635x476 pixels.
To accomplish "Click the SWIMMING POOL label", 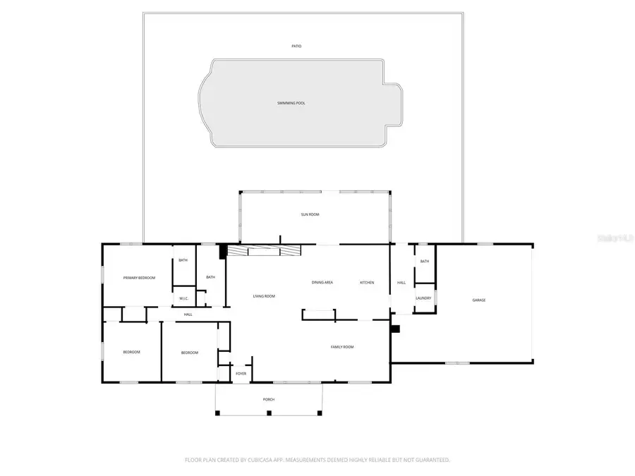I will click(x=291, y=103).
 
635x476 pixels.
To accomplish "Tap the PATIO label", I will click(x=296, y=47).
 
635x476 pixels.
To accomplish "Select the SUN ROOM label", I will click(x=310, y=214).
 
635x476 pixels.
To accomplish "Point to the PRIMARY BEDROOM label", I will click(x=139, y=278).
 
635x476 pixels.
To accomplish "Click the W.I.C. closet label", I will click(x=183, y=298).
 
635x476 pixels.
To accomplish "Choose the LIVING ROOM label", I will click(x=264, y=296).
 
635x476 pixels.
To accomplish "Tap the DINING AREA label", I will click(x=322, y=283).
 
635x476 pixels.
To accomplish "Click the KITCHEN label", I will click(x=367, y=283).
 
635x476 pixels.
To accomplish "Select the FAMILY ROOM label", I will click(x=343, y=347).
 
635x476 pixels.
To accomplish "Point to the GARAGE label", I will click(x=479, y=300).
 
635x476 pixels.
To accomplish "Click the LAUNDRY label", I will click(x=423, y=298).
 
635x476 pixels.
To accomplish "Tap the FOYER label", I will click(x=241, y=373).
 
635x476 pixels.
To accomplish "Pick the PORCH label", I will click(x=269, y=400).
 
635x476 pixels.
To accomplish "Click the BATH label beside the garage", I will click(x=425, y=262).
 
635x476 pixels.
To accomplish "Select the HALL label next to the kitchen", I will click(x=401, y=283).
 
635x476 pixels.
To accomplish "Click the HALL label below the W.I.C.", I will click(x=188, y=315).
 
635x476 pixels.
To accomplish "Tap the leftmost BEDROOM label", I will click(x=132, y=353).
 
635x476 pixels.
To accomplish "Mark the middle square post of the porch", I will click(x=269, y=413).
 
